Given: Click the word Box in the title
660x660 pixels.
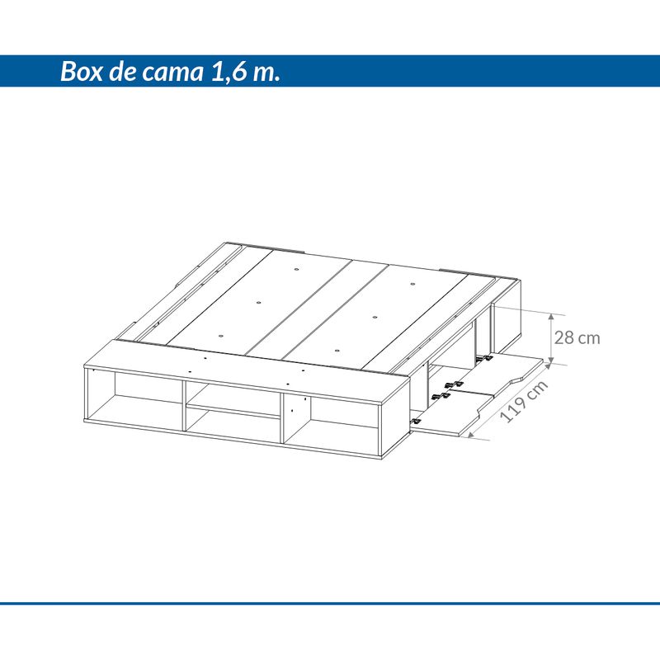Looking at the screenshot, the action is [x=81, y=71].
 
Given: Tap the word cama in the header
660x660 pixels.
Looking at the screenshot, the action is [x=172, y=73].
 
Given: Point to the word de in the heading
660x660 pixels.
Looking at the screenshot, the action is [x=122, y=71].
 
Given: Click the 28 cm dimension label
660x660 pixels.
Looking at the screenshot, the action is [x=577, y=338].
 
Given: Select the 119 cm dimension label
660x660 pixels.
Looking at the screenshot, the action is [x=524, y=401].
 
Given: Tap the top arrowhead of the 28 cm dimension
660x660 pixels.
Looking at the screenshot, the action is [x=551, y=317].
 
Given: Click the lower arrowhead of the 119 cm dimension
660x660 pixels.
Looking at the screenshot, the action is [x=471, y=434].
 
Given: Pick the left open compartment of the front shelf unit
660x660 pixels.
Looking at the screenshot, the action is [x=135, y=398].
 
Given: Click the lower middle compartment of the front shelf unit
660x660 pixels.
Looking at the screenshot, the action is [x=233, y=425].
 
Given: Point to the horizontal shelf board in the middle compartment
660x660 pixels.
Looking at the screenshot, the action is [x=233, y=411].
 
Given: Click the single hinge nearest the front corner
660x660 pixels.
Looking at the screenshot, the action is [x=416, y=421].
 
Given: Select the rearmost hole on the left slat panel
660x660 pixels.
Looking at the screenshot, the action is [x=297, y=269].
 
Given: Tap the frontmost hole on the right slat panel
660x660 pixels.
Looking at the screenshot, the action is [x=337, y=350].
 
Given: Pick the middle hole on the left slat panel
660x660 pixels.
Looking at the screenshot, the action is [x=258, y=302].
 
